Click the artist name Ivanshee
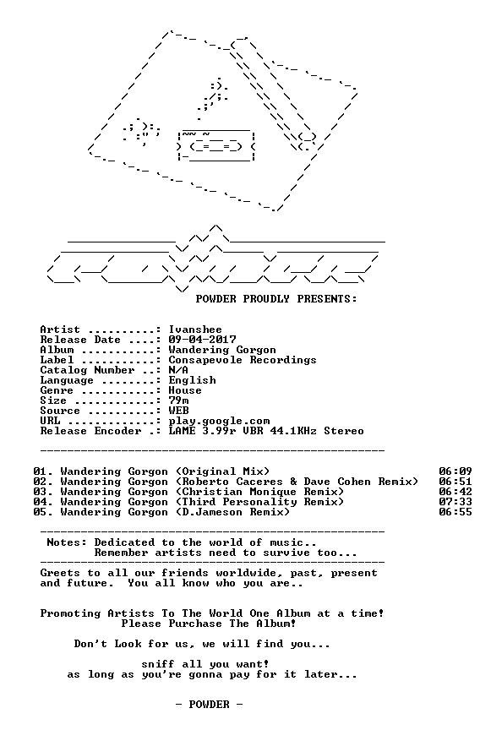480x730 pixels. pyautogui.click(x=195, y=330)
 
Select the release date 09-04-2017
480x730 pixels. pyautogui.click(x=202, y=340)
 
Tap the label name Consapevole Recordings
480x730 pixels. pyautogui.click(x=242, y=360)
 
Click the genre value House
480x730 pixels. pyautogui.click(x=185, y=390)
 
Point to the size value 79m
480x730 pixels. pyautogui.click(x=178, y=400)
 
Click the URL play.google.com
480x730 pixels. pyautogui.click(x=219, y=422)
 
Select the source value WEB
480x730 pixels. pyautogui.click(x=178, y=411)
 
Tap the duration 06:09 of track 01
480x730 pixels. pyautogui.click(x=455, y=471)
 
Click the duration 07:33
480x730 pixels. pyautogui.click(x=455, y=502)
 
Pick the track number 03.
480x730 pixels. pyautogui.click(x=40, y=492)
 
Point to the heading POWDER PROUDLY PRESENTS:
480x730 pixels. pyautogui.click(x=276, y=299)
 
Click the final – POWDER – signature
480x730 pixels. pyautogui.click(x=209, y=705)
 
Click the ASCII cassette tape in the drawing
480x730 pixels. pyautogui.click(x=216, y=145)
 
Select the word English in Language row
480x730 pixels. pyautogui.click(x=192, y=380)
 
